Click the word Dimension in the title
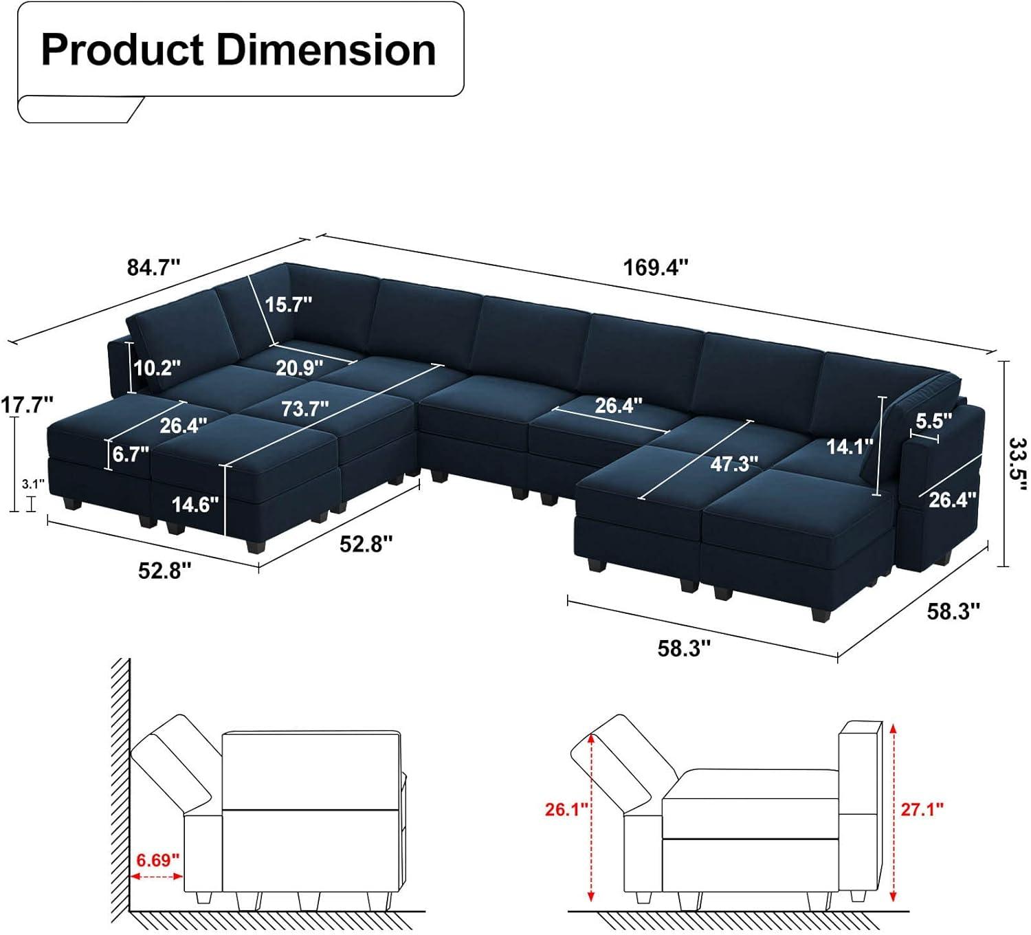326,50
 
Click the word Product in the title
122,50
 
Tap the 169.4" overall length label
655,267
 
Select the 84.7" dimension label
154,267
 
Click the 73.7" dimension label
304,409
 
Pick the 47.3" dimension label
734,464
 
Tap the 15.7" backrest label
288,305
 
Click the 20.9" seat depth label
300,368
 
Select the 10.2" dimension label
157,368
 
